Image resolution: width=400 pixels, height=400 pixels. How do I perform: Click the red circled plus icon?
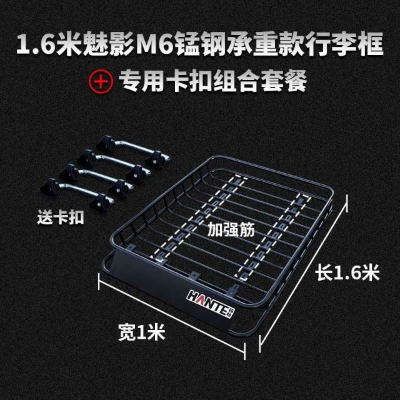[x=101, y=81]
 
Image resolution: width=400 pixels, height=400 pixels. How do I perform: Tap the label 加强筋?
[x=231, y=229]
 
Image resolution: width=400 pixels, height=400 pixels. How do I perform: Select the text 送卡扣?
[x=61, y=217]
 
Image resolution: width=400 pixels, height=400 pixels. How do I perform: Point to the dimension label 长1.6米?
[x=347, y=272]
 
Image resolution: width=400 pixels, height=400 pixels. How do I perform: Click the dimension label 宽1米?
[x=142, y=332]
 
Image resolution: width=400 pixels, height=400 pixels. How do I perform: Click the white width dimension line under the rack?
[x=171, y=317]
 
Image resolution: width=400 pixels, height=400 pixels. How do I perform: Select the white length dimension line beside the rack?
[x=303, y=272]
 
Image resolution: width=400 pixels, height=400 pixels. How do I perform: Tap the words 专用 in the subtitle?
[x=142, y=81]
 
